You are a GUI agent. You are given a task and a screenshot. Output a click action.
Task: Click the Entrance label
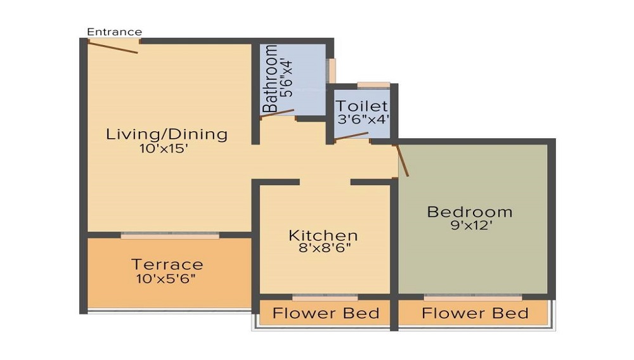click(114, 32)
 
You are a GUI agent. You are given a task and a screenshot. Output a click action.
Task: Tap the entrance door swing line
click(113, 47)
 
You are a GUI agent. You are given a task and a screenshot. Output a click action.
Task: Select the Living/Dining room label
click(166, 134)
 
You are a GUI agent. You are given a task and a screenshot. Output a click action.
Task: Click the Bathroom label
click(271, 79)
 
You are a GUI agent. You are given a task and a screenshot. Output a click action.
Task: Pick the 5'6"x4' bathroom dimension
click(287, 79)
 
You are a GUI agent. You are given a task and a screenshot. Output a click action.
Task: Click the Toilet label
click(361, 106)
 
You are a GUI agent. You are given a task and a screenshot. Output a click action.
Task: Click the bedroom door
click(402, 160)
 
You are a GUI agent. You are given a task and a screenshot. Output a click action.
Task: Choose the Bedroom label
click(469, 212)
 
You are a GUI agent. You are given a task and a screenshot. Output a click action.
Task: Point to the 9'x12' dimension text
click(469, 226)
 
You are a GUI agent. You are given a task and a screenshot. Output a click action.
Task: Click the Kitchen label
click(323, 236)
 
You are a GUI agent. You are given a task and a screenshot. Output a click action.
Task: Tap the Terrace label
click(167, 264)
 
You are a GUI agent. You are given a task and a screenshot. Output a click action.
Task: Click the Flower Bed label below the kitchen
click(326, 313)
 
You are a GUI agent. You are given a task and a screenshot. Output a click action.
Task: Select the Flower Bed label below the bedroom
click(475, 313)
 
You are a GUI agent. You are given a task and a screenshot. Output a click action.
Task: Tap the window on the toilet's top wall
click(373, 85)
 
